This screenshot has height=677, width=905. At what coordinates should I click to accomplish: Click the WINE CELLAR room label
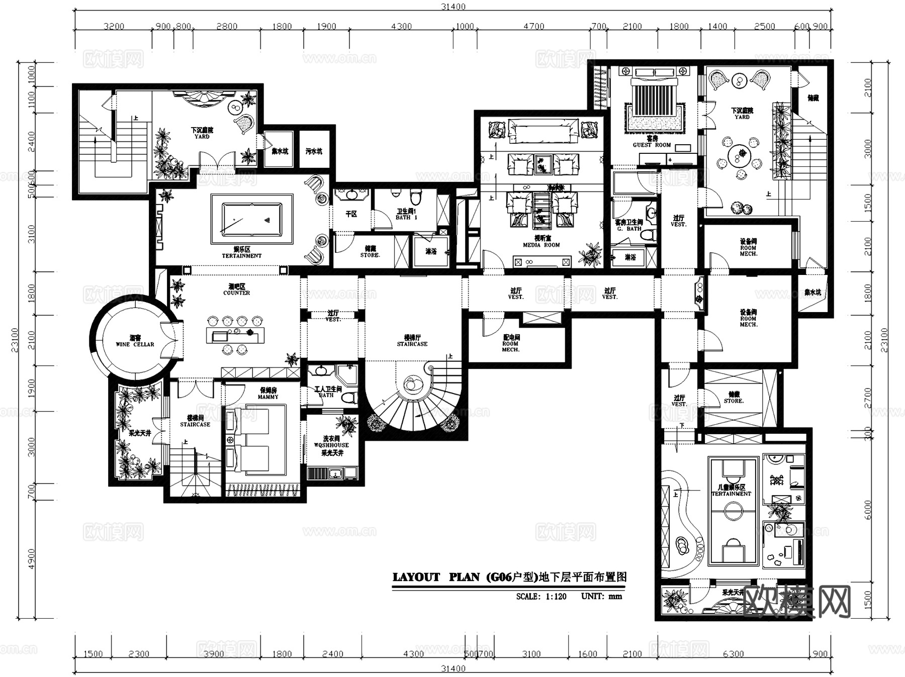coord(135,344)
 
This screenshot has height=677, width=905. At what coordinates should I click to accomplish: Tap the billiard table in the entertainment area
coord(252,220)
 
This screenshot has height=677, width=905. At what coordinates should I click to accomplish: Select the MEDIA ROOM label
coord(541,245)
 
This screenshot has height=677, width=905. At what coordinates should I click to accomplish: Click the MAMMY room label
coord(268,397)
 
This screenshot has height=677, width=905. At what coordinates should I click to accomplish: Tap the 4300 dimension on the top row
coord(401,27)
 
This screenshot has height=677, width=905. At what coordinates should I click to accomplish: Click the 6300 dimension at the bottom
coord(733,654)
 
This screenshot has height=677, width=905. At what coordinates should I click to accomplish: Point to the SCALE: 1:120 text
coord(541,597)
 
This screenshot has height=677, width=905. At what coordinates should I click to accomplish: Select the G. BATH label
coord(629,229)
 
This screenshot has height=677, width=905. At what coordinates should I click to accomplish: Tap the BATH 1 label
coord(406,218)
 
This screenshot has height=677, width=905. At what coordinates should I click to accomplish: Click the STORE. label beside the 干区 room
coord(370,255)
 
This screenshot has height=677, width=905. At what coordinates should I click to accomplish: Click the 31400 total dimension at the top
coord(453,7)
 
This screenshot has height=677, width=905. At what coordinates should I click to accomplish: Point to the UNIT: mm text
coord(601,596)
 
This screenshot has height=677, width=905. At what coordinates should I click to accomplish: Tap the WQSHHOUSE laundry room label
coord(331,445)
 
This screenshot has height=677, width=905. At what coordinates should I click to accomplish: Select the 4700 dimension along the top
coord(533,27)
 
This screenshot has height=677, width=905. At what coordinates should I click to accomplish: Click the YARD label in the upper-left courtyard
coord(202,137)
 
